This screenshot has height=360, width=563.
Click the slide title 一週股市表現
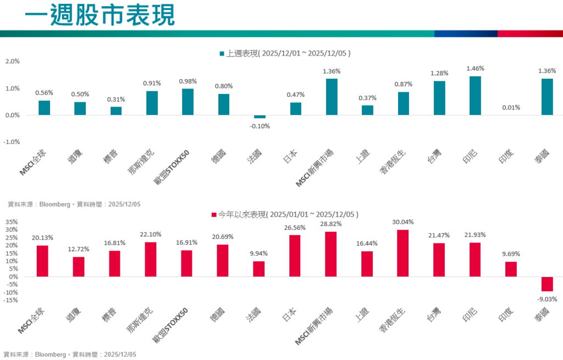(100, 15)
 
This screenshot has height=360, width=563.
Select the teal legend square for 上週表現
(222, 54)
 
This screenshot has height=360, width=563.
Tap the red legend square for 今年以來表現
(214, 214)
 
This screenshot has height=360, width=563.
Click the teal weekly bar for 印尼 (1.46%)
(475, 96)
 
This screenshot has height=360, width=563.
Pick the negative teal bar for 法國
(260, 117)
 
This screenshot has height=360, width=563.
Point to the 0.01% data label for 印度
(511, 107)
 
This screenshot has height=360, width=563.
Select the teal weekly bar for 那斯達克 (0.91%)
(152, 103)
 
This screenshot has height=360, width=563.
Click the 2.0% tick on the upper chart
(12, 62)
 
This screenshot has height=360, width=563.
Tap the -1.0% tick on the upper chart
(12, 142)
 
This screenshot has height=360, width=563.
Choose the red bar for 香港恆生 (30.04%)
(403, 253)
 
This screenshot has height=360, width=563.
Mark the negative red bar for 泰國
(547, 284)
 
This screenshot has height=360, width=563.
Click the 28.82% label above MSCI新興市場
(331, 225)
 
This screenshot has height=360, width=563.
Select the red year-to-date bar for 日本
(295, 256)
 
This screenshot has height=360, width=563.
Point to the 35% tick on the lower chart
(12, 223)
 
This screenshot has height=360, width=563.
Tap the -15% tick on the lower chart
(10, 300)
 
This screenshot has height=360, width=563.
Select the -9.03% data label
(547, 299)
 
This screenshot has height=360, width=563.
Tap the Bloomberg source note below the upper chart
(74, 204)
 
